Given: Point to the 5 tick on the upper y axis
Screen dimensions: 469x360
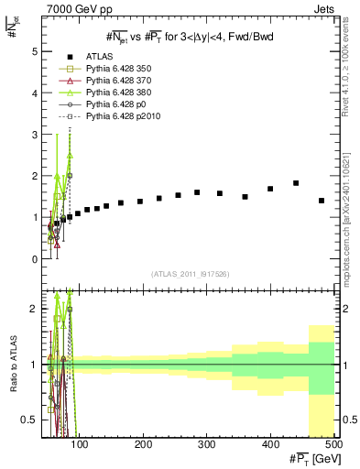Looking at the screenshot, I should [35, 52].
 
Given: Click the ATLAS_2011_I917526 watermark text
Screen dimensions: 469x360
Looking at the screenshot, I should [190, 274].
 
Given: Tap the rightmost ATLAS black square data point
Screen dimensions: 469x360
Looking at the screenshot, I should [321, 201].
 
